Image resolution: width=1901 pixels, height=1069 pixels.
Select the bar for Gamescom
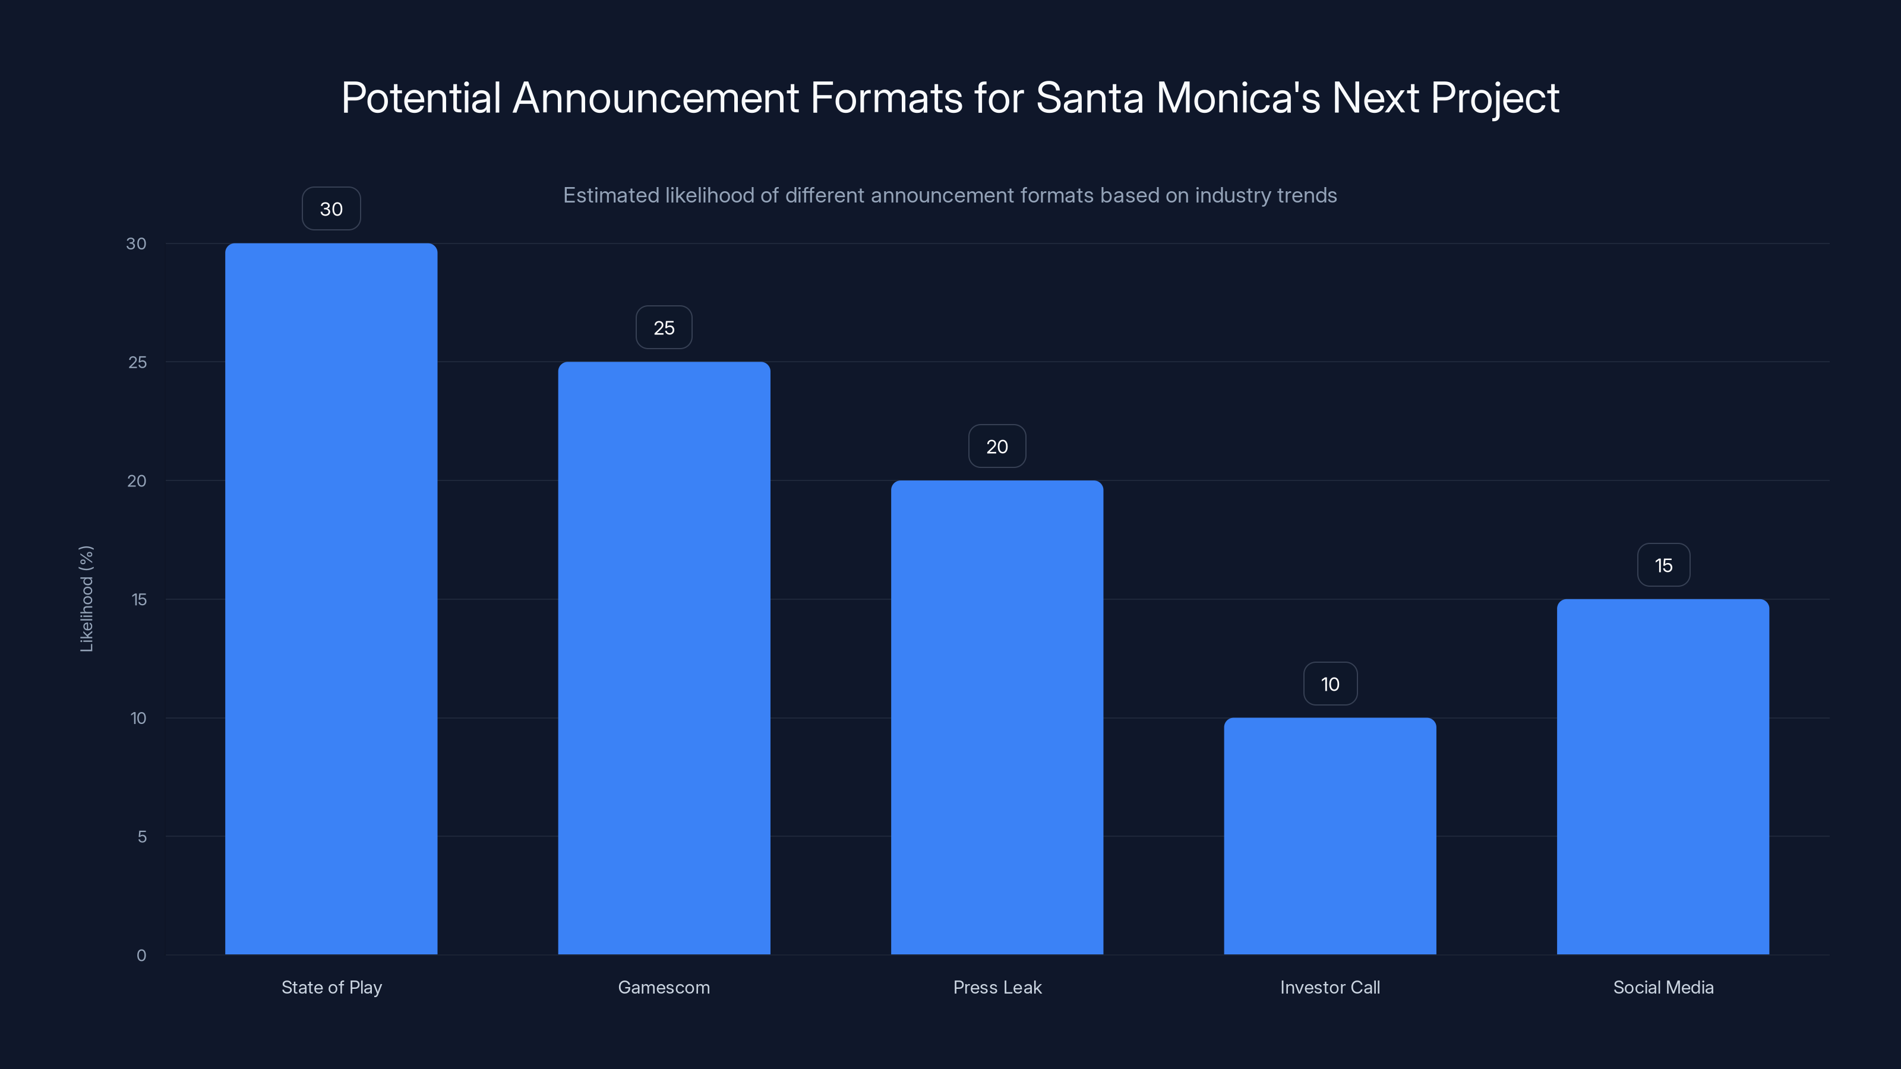coord(664,657)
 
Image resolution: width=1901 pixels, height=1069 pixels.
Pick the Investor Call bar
coord(1330,836)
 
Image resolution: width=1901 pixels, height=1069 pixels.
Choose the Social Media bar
coord(1663,776)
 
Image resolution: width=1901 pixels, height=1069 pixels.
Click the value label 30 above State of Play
coord(331,209)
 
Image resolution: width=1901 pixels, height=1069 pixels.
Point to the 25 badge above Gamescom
coord(664,328)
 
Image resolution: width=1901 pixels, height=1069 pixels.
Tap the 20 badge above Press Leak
coord(996,447)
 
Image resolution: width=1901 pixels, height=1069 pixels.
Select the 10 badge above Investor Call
coord(1330,684)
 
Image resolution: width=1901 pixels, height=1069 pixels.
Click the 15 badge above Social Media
coord(1663,565)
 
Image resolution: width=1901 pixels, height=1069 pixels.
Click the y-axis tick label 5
coord(142,837)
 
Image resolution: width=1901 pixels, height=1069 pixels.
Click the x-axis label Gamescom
coord(664,987)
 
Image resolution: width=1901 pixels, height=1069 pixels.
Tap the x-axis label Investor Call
coord(1330,987)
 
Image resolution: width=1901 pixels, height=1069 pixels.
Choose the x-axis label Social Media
coord(1663,987)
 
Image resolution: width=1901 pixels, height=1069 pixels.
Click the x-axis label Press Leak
coord(997,987)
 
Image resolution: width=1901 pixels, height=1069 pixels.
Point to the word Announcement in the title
coord(655,97)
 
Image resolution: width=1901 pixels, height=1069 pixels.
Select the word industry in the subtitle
coord(1228,195)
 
